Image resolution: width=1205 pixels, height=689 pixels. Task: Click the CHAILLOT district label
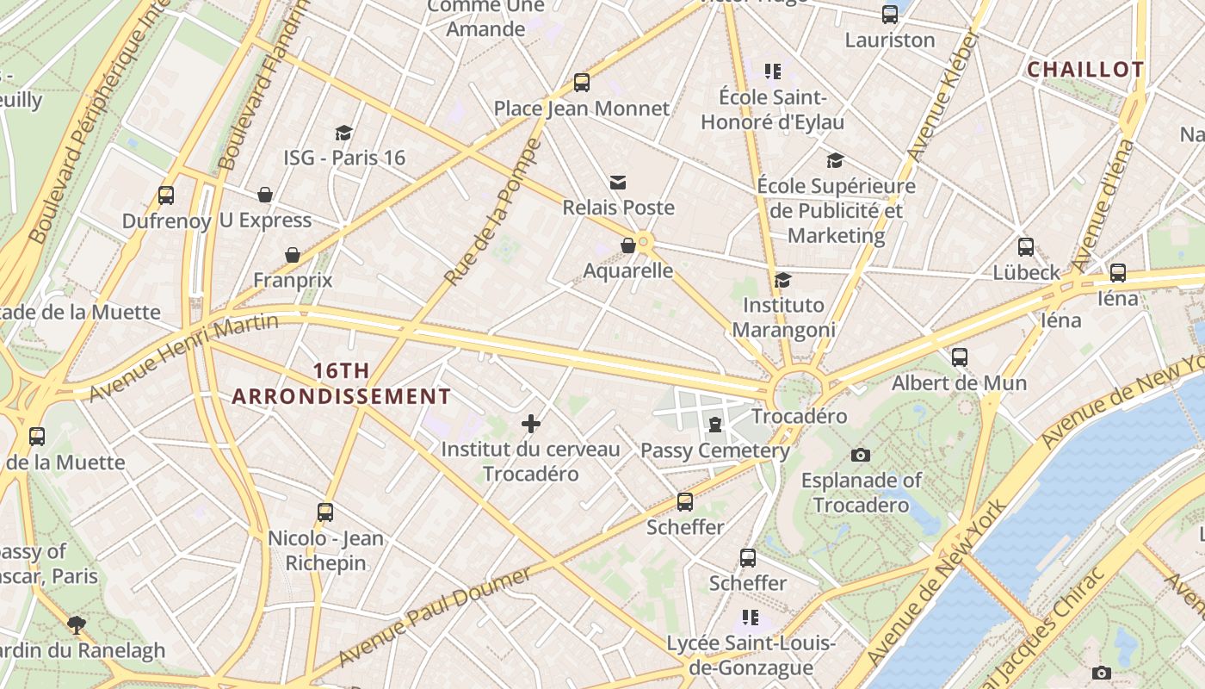click(x=1086, y=70)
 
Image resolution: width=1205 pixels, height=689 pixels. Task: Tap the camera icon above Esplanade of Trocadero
click(x=860, y=455)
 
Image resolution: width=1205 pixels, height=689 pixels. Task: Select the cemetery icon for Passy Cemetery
click(x=715, y=425)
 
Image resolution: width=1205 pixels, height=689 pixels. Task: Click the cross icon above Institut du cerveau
click(x=531, y=423)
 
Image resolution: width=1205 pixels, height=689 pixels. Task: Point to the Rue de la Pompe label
click(x=492, y=212)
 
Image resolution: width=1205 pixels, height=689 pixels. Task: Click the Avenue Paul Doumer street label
click(x=435, y=616)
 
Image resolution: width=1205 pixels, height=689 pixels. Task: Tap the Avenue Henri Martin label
click(x=184, y=357)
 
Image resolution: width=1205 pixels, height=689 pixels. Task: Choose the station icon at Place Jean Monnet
click(x=582, y=83)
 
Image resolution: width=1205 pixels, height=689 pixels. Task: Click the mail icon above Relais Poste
click(x=618, y=182)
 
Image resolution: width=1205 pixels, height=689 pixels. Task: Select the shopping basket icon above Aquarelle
click(x=628, y=245)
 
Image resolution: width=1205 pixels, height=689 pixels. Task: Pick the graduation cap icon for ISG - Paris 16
click(x=344, y=133)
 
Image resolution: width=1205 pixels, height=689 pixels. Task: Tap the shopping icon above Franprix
click(x=293, y=255)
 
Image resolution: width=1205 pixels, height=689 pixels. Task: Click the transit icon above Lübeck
click(x=1026, y=247)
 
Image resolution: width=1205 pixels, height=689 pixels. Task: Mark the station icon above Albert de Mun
click(x=960, y=357)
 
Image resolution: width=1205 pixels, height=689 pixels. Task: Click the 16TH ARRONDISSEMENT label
click(x=342, y=384)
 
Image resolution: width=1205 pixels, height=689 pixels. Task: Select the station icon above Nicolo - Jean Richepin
click(x=325, y=512)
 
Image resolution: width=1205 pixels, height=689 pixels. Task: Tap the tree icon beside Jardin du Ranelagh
click(x=77, y=624)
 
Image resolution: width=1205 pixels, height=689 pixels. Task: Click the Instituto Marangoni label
click(x=783, y=317)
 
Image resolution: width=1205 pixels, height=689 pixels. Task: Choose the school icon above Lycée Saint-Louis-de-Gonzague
click(x=751, y=618)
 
